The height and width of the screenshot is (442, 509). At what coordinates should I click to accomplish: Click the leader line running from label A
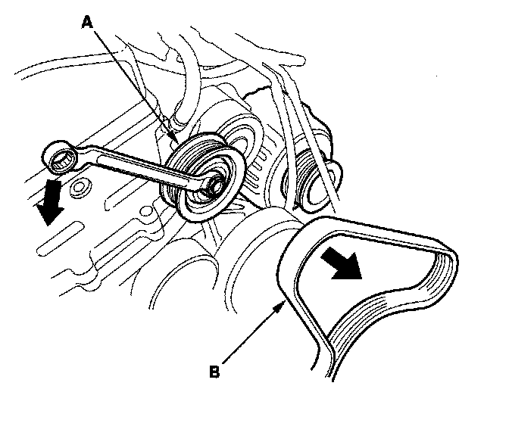click(x=133, y=82)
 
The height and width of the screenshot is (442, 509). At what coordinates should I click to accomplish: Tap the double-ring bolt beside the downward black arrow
click(x=78, y=185)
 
